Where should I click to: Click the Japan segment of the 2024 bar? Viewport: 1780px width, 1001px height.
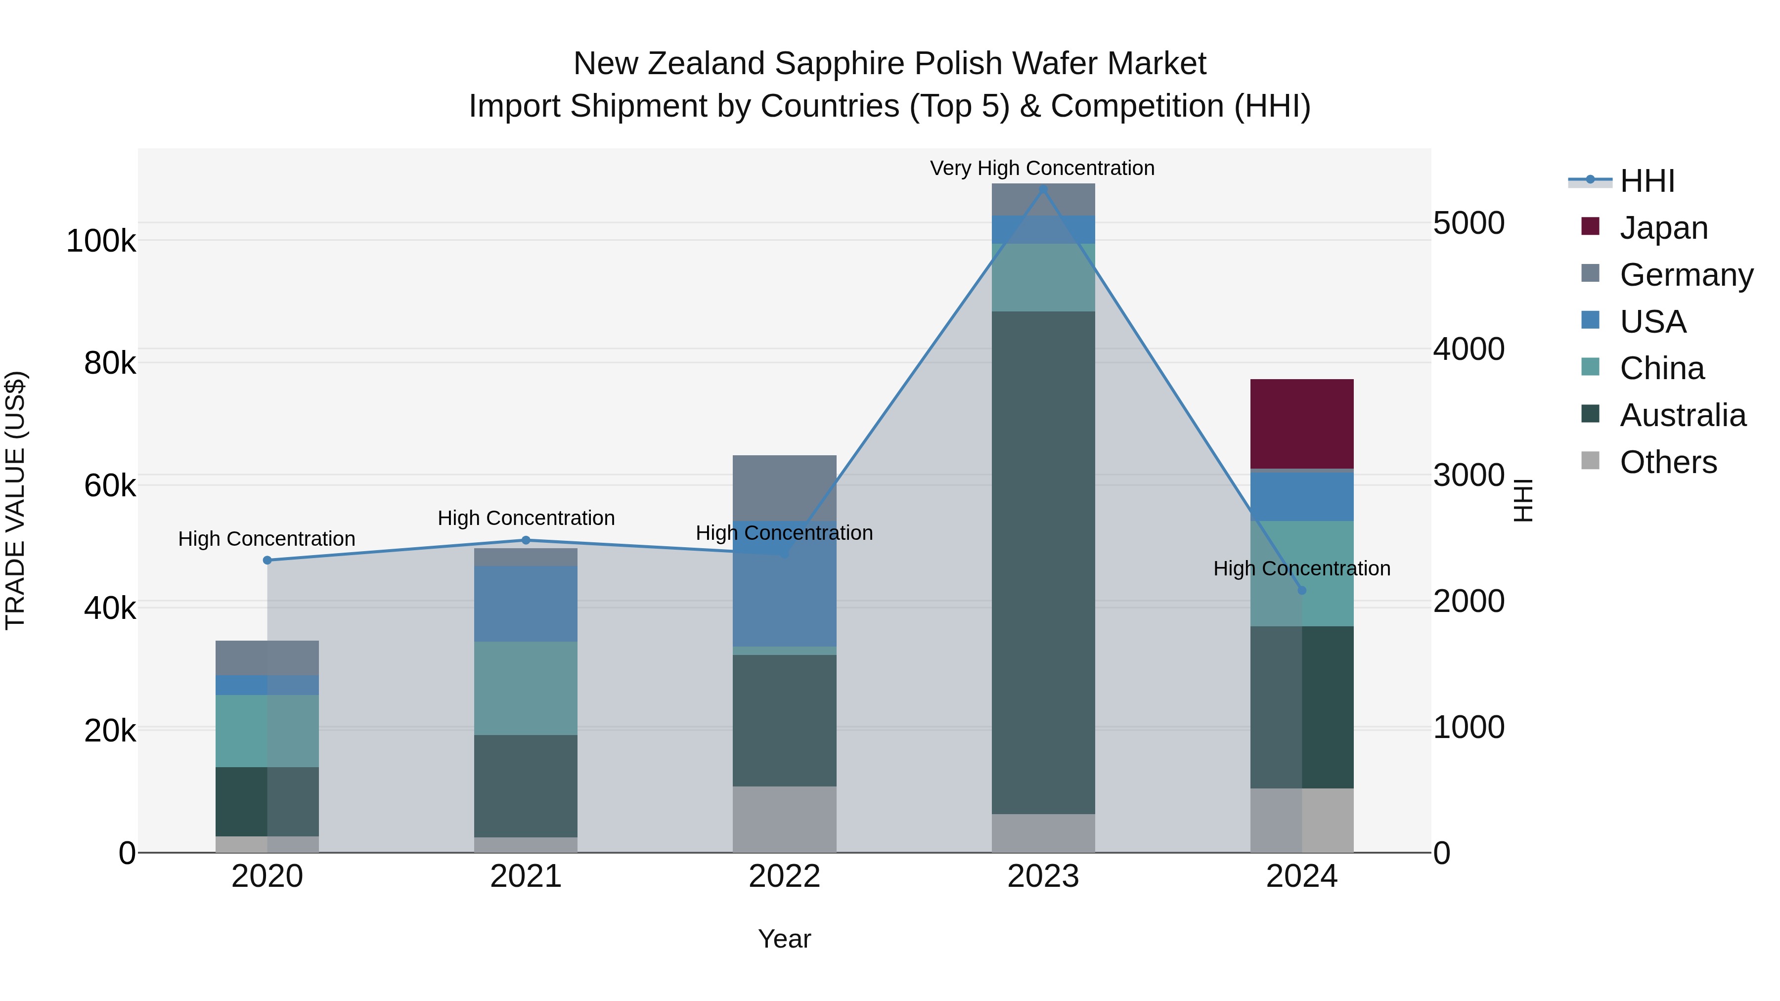1301,424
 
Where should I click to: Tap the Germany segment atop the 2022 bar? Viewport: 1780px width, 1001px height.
784,487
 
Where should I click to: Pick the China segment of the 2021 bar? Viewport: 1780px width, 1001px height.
525,688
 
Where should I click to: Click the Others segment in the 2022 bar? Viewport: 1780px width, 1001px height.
784,819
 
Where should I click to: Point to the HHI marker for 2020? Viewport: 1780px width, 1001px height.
267,560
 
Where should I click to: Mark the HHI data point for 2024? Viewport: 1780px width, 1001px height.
1302,590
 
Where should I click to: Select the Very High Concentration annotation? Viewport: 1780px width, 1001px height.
1042,168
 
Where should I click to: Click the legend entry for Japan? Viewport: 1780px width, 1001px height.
1663,228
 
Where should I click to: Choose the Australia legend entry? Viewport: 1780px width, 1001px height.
1682,415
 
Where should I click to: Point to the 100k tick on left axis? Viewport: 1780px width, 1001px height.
101,242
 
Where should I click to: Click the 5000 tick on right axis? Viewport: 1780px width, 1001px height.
1468,223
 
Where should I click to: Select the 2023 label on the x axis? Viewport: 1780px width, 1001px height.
1043,876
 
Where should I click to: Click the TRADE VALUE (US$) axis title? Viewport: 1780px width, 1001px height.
15,500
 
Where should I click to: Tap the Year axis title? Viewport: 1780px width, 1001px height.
784,939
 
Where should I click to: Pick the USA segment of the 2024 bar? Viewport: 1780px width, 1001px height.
1301,496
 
